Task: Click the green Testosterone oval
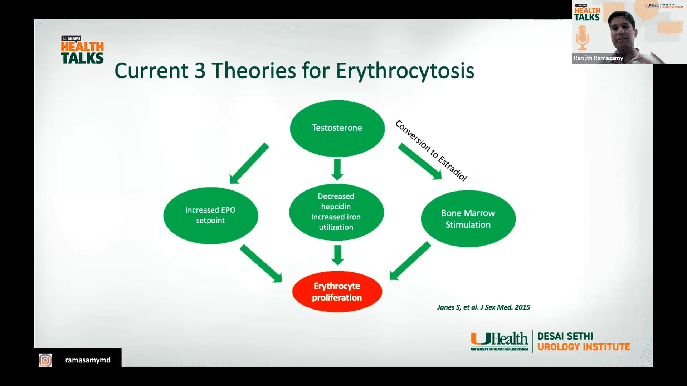[x=337, y=128]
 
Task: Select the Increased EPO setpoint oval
[x=210, y=215]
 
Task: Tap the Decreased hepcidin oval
[x=336, y=212]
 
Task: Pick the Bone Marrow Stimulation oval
[x=468, y=219]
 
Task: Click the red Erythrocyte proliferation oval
[x=337, y=292]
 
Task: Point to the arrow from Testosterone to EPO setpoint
[x=249, y=163]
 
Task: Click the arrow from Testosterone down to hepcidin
[x=337, y=169]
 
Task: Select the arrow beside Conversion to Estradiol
[x=420, y=161]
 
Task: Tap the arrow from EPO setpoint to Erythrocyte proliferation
[x=260, y=263]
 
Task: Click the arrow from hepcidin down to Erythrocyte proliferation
[x=337, y=255]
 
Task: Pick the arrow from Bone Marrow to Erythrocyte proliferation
[x=410, y=261]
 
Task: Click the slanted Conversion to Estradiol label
[x=431, y=150]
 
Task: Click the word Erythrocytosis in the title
[x=405, y=71]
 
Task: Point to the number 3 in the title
[x=200, y=71]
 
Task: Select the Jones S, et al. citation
[x=483, y=307]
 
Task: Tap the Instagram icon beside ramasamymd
[x=45, y=360]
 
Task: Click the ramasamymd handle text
[x=88, y=360]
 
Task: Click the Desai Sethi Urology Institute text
[x=583, y=342]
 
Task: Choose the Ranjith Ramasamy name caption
[x=598, y=58]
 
